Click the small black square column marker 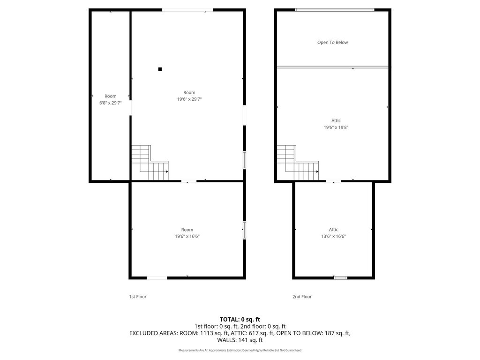pos(160,69)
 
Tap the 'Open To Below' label pos(332,43)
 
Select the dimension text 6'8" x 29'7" pos(111,103)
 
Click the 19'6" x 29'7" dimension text pos(189,99)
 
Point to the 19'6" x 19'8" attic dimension pos(336,127)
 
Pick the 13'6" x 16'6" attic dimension pos(333,236)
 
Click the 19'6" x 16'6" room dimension pos(187,236)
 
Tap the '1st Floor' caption pos(138,297)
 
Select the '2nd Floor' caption pos(302,297)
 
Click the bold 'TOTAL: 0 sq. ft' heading pos(240,320)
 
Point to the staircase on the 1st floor pos(150,163)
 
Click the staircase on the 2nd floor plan pos(298,163)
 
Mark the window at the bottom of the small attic pos(340,278)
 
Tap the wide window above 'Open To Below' pos(334,10)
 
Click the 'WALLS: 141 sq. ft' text pos(240,340)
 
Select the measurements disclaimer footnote pos(240,350)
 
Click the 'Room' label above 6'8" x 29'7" pos(111,96)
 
